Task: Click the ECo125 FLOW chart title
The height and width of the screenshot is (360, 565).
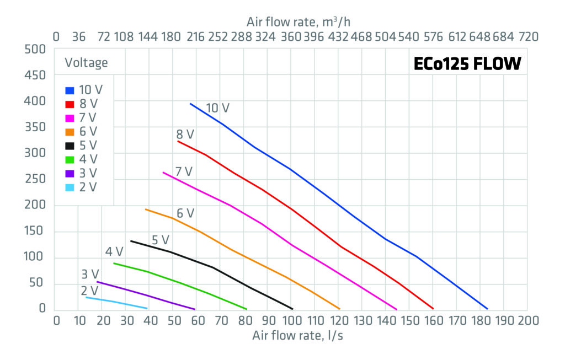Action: click(467, 65)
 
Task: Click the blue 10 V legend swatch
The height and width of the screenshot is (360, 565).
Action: click(70, 90)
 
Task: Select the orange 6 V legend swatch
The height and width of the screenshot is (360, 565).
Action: click(70, 132)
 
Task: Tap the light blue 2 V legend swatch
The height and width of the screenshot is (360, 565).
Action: click(70, 187)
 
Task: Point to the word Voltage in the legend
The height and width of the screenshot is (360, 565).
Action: click(86, 63)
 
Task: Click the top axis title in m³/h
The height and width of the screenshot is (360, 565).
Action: click(299, 22)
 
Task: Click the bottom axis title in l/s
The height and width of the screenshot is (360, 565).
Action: click(298, 336)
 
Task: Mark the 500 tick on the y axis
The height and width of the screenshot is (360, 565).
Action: click(36, 49)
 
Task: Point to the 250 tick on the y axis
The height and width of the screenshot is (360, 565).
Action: click(36, 179)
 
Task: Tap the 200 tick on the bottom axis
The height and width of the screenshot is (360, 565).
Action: click(527, 321)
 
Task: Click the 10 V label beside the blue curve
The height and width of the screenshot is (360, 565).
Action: click(217, 108)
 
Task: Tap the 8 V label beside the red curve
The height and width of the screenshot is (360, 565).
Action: click(185, 134)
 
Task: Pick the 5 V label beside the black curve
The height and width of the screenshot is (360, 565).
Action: click(160, 240)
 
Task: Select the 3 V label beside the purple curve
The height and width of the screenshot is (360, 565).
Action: click(89, 274)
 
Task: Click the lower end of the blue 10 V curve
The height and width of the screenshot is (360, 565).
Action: click(487, 309)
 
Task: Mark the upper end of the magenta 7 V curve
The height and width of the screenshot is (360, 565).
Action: click(163, 173)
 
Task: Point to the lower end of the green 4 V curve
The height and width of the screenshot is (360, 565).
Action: click(246, 309)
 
